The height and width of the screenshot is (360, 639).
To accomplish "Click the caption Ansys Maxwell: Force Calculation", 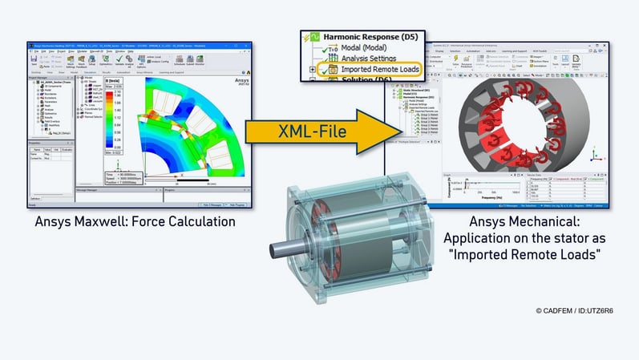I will (x=135, y=221).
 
